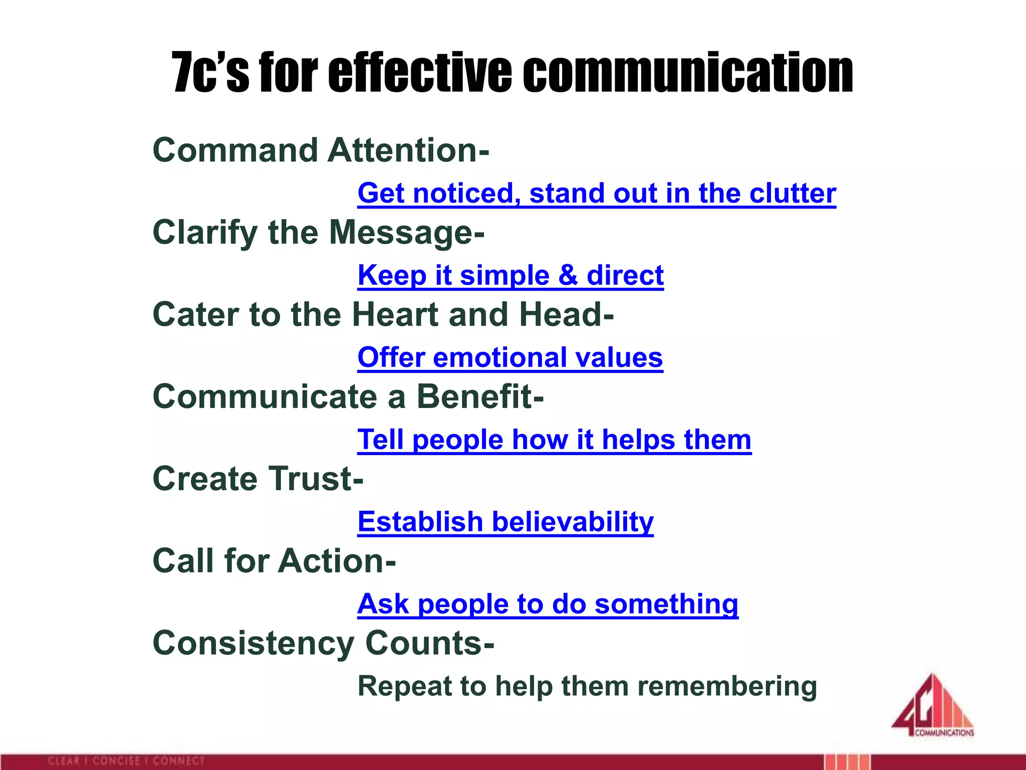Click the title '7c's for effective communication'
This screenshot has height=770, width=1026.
(512, 73)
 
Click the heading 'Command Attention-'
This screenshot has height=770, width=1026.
(321, 150)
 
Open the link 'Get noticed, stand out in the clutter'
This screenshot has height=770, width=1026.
(596, 194)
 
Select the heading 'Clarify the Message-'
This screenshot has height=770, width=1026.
(318, 233)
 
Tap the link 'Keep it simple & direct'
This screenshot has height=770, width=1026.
(510, 276)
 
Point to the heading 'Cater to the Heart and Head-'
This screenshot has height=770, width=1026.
(383, 314)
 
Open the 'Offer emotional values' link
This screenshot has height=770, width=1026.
(510, 358)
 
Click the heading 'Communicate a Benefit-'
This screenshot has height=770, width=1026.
(348, 397)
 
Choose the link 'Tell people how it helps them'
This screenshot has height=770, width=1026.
(554, 440)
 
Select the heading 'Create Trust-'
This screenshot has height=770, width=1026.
(258, 479)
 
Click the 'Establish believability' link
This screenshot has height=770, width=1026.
(505, 522)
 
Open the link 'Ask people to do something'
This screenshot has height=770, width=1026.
(547, 604)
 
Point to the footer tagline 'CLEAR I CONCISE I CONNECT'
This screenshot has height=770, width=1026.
(126, 761)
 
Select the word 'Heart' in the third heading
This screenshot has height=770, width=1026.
(395, 314)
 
